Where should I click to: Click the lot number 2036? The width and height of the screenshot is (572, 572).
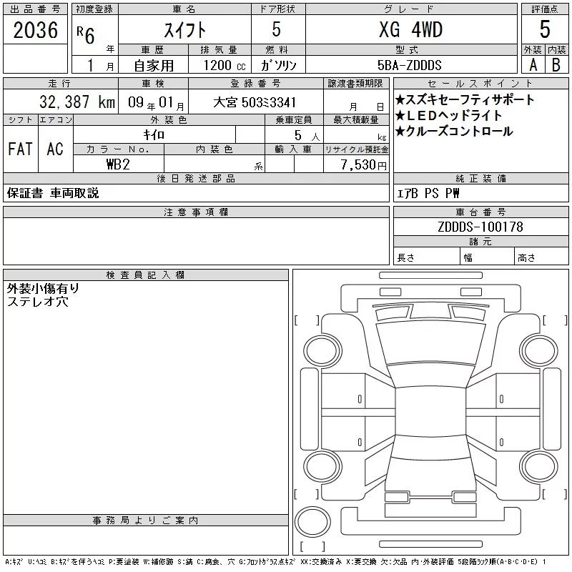(35, 30)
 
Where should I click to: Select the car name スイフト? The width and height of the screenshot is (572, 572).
(184, 30)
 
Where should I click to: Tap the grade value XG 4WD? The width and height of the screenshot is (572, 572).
(410, 29)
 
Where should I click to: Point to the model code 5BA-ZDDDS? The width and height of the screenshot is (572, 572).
(409, 65)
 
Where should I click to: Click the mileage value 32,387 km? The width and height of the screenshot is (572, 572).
(77, 102)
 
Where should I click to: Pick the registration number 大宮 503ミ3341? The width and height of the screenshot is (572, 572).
(255, 102)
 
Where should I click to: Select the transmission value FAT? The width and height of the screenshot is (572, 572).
(21, 149)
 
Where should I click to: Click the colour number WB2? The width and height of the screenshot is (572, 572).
(118, 164)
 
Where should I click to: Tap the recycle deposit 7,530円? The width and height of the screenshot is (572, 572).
(364, 165)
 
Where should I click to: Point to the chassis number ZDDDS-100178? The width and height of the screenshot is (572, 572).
(480, 227)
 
